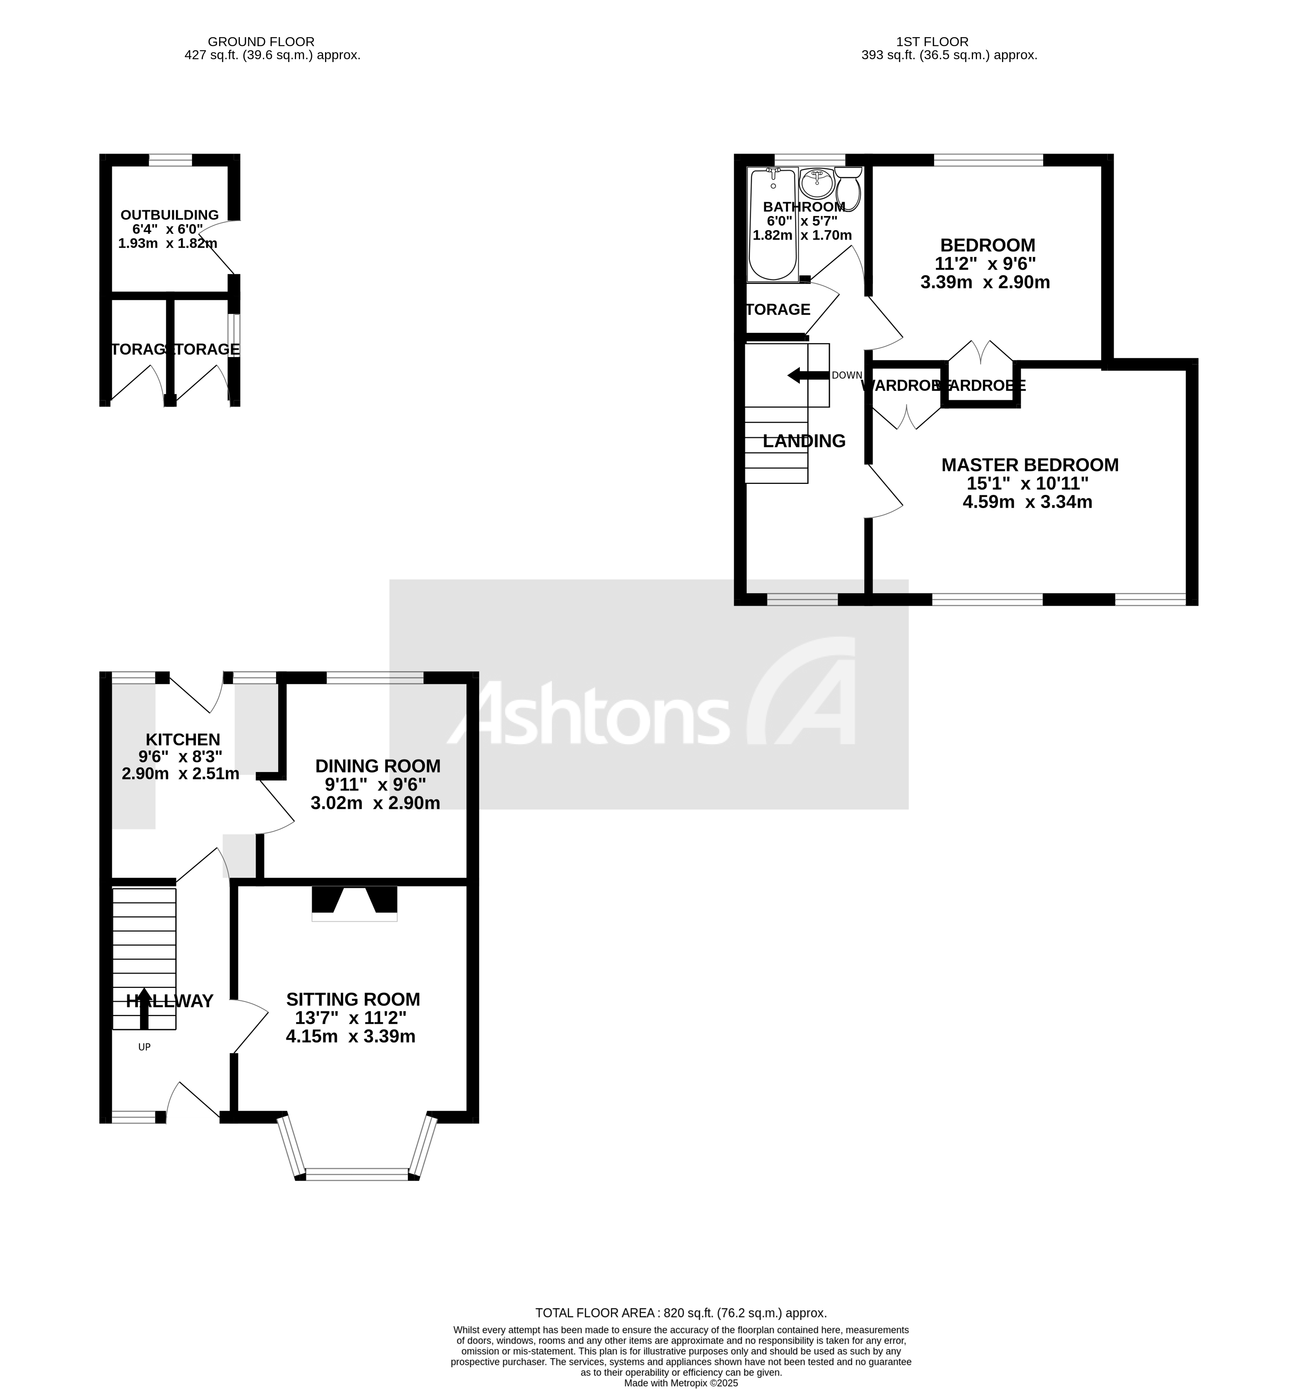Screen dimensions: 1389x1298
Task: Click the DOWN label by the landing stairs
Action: [x=846, y=375]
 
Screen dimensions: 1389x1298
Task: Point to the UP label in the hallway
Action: [x=144, y=1047]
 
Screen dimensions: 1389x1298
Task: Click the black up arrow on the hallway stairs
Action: [x=144, y=1008]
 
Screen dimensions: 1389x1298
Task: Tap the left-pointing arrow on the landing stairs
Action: [x=807, y=375]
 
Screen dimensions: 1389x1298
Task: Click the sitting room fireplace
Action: [x=354, y=903]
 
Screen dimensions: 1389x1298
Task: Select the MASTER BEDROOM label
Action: [x=1030, y=465]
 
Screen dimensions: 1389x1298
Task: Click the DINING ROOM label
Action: [x=377, y=766]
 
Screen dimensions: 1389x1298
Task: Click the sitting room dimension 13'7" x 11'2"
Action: [x=350, y=1018]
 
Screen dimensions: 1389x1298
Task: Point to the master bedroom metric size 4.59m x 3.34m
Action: [x=1027, y=501]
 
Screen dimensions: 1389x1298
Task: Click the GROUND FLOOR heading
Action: [x=261, y=42]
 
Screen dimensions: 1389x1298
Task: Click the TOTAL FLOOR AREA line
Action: [x=681, y=1313]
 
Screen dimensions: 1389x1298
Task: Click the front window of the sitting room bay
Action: [x=356, y=1174]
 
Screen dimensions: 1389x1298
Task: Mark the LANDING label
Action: [x=804, y=441]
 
